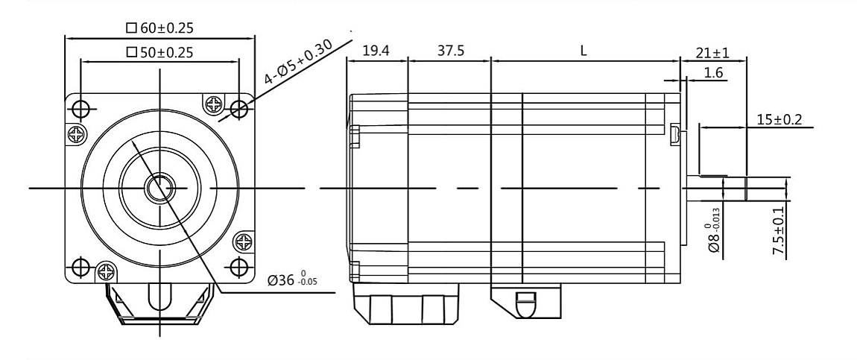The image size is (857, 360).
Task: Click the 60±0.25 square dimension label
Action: (160, 28)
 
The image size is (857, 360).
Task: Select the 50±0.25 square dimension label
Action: (160, 52)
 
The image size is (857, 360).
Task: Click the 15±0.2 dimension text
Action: (774, 119)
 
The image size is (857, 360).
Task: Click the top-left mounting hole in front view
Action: (80, 109)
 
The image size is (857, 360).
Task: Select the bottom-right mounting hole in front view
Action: (238, 266)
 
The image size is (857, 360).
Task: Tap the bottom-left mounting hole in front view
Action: (80, 266)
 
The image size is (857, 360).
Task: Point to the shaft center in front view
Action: (159, 187)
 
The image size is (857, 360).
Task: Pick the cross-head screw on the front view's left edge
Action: (75, 134)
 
